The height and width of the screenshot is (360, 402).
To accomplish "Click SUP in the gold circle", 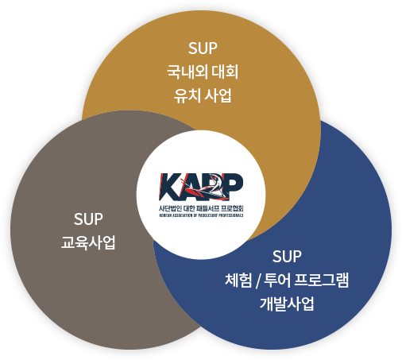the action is tap(203, 48).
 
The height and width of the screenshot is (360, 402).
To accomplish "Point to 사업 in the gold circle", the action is tap(218, 95).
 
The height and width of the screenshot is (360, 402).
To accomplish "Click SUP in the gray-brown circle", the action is tap(88, 219).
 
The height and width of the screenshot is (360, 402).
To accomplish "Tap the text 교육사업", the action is tap(88, 242).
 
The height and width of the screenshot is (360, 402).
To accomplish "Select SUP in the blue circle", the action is tap(287, 257).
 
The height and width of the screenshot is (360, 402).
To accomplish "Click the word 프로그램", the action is tap(322, 280).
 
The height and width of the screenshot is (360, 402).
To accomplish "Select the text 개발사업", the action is tap(287, 304).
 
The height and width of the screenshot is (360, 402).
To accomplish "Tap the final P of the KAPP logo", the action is tap(233, 185).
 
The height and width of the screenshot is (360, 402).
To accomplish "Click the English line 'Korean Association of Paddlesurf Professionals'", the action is tap(201, 215).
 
